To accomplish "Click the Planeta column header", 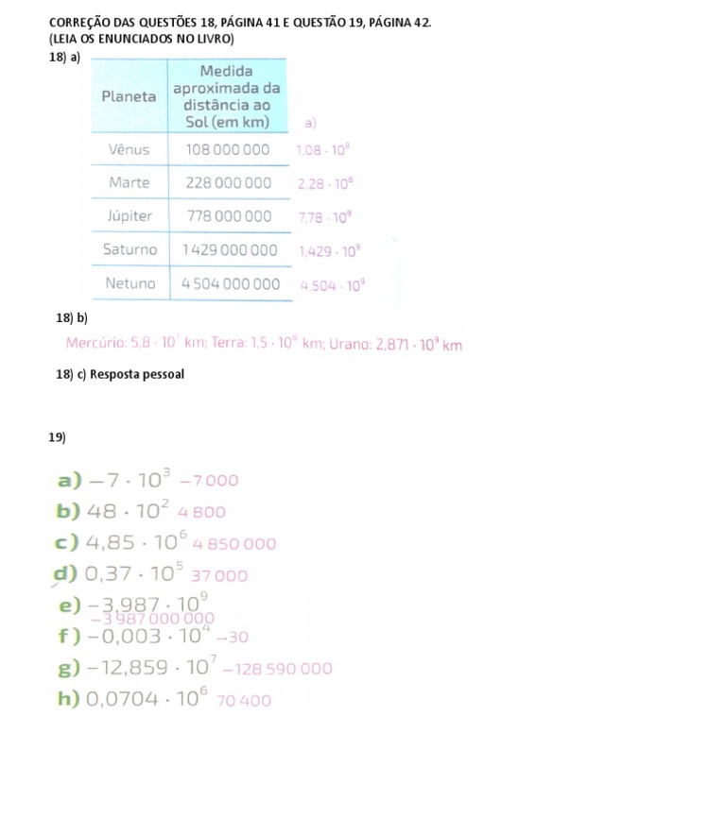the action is pyautogui.click(x=129, y=96).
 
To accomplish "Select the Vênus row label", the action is pyautogui.click(x=129, y=149).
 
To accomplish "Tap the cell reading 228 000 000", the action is pyautogui.click(x=228, y=182).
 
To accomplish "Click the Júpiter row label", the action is pyautogui.click(x=130, y=215).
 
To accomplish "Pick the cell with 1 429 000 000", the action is pyautogui.click(x=230, y=250).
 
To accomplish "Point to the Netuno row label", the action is pyautogui.click(x=130, y=282).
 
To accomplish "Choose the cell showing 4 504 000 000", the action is pyautogui.click(x=230, y=283).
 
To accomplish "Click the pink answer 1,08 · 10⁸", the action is pyautogui.click(x=324, y=149).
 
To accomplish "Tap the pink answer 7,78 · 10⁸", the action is pyautogui.click(x=324, y=217).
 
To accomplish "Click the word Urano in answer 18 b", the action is pyautogui.click(x=348, y=345).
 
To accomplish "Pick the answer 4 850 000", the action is pyautogui.click(x=234, y=544).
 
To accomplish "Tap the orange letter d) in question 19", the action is pyautogui.click(x=66, y=573).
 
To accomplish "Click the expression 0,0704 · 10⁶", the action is pyautogui.click(x=145, y=699).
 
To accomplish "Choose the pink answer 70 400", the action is pyautogui.click(x=244, y=701).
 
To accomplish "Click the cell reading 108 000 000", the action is pyautogui.click(x=228, y=149).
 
